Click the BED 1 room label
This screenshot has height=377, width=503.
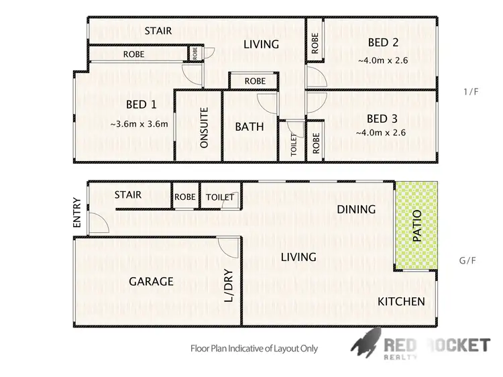coord(141,104)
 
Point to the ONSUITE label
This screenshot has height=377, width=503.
coord(205,127)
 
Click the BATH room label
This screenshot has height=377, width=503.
coord(249,126)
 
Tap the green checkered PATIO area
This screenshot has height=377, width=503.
coord(416,227)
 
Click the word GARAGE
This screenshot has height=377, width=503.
coord(152,282)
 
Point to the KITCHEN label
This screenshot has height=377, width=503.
coord(400,301)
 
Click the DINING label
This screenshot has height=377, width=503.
coord(356,209)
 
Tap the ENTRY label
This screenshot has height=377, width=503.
coord(78,212)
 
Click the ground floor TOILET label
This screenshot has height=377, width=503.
coord(221,197)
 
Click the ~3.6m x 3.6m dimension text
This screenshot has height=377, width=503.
coord(139,123)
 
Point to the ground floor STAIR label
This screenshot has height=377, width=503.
coord(127,195)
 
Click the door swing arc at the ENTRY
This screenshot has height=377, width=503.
coord(97,221)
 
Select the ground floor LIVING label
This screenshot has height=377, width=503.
coord(298,257)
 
